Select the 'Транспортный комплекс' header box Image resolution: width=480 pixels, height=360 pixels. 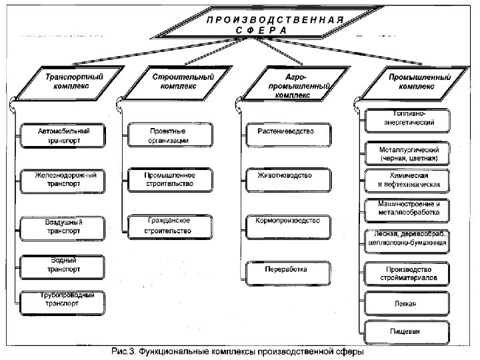(x=63, y=82)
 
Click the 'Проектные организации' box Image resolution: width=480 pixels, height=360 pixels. (x=169, y=136)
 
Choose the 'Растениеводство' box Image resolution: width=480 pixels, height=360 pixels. (x=285, y=131)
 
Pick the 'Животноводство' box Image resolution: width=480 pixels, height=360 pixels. (x=285, y=176)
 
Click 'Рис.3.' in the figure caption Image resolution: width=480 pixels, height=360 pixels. (x=123, y=352)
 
